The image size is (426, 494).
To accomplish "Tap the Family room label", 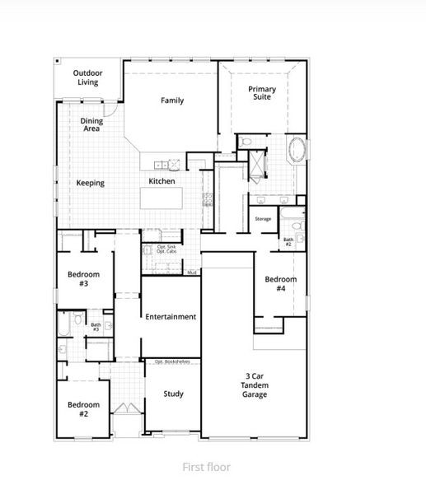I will [x=172, y=101].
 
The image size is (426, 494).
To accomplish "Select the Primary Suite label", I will [x=264, y=91].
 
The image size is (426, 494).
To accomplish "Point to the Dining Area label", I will [x=91, y=125].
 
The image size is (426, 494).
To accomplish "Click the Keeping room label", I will [x=91, y=183].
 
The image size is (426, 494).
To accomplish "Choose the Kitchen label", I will [x=162, y=181].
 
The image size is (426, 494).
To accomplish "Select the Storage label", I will [x=263, y=219].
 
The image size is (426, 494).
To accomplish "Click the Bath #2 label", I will [x=288, y=242].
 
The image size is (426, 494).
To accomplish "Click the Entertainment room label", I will [x=171, y=317].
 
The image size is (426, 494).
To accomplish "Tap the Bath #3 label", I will [x=96, y=327].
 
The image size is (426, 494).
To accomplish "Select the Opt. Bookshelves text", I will [x=172, y=361].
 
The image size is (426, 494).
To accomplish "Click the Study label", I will [x=173, y=394].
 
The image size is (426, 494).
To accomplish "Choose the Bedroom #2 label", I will [x=83, y=408].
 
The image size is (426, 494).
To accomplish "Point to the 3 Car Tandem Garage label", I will [x=254, y=385].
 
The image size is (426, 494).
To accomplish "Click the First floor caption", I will [x=207, y=467].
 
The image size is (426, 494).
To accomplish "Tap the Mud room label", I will [x=191, y=272].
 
